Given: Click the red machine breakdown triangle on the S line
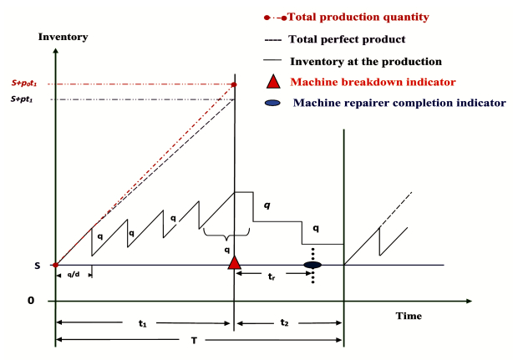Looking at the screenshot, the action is [x=234, y=262].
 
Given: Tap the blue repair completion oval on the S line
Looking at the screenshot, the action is [x=312, y=265].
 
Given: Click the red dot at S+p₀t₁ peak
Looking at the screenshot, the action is [x=234, y=84].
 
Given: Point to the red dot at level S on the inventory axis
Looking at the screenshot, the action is [x=56, y=265].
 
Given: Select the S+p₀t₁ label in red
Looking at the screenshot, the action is [x=24, y=83].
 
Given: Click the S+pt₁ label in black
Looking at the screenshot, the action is [x=22, y=99].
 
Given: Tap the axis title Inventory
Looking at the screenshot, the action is [x=63, y=37].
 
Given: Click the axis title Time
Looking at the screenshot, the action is [x=409, y=316].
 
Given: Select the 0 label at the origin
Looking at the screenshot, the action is [x=31, y=300].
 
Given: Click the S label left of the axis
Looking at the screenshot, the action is [x=38, y=266].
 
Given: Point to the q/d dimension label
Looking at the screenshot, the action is [x=74, y=274].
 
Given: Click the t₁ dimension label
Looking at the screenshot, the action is [x=142, y=323].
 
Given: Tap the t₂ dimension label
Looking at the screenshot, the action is [x=284, y=322].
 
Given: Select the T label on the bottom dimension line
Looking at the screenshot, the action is [x=194, y=341].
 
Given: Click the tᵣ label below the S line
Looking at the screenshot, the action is [x=272, y=276].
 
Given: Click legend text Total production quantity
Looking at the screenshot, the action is [x=358, y=17].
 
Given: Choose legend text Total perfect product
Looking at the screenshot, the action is [x=347, y=39].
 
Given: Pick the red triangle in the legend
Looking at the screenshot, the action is [x=273, y=81].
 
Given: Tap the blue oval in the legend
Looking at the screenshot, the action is [x=272, y=103].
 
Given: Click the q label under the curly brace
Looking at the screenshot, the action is [x=226, y=250].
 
